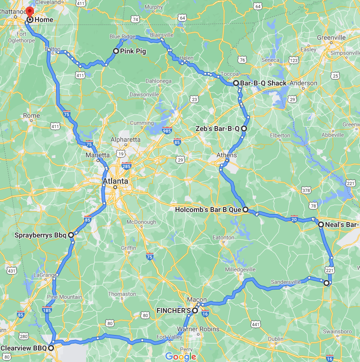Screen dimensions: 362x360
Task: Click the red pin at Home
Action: pos(29,12)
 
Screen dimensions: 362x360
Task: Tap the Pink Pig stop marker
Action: pos(115,51)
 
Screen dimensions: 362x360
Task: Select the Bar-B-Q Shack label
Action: pos(263,83)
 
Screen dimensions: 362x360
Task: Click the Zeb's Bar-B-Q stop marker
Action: pos(244,128)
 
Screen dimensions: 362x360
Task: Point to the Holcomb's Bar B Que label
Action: pos(208,210)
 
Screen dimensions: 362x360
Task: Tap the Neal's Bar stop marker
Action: pos(320,225)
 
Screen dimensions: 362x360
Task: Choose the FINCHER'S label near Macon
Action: pos(173,310)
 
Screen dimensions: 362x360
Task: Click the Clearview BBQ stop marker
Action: pos(51,348)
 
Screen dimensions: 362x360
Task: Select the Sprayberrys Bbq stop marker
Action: pos(71,234)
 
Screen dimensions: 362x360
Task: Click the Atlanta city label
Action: pos(115,181)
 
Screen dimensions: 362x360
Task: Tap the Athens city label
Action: pos(226,155)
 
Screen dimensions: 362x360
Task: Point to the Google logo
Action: pos(180,356)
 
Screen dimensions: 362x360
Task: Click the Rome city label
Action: pos(31,115)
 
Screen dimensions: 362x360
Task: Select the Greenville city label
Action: pos(331,37)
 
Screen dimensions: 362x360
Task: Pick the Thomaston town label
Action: pos(122,294)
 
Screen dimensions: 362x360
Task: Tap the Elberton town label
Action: pos(279,135)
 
